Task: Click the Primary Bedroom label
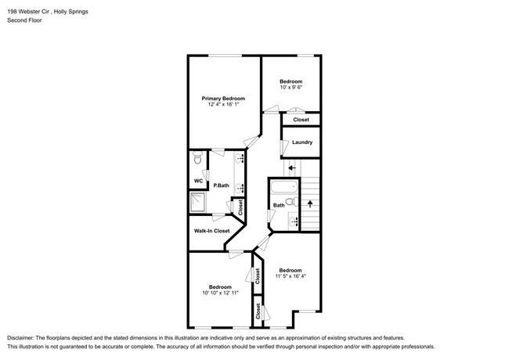click(x=223, y=99)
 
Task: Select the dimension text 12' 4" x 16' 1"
click(x=223, y=106)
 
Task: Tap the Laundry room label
click(x=302, y=142)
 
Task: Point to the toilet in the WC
click(x=197, y=160)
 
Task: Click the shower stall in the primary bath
click(x=199, y=203)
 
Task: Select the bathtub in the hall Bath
click(x=282, y=188)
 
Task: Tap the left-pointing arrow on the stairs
click(x=291, y=167)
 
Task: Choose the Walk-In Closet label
click(x=211, y=231)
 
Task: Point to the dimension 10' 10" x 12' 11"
click(x=220, y=293)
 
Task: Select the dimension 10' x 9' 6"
click(x=291, y=88)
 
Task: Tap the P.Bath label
click(x=221, y=186)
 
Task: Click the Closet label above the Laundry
click(x=301, y=120)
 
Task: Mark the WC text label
click(x=198, y=181)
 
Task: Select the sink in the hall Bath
click(x=294, y=222)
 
